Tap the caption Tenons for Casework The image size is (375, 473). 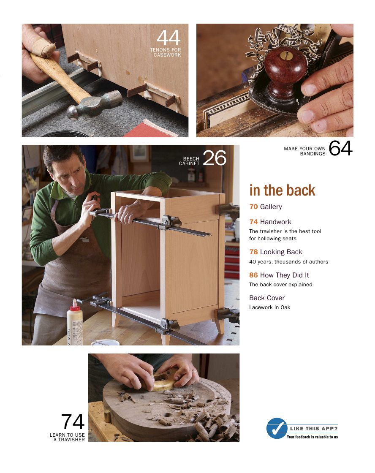(165, 52)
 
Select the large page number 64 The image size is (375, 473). (340, 149)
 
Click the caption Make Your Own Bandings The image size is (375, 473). (304, 151)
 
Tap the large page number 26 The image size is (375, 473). (215, 158)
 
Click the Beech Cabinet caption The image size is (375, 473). (189, 161)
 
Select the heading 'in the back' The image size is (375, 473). (282, 190)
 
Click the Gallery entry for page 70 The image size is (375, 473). (266, 207)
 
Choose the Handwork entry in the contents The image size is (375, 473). (270, 222)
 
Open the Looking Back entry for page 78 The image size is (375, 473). (276, 252)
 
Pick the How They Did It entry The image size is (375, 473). (279, 275)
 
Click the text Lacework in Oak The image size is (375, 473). (269, 307)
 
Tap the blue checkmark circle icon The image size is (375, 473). (276, 428)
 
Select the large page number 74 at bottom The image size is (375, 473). (73, 422)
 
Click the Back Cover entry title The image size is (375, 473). (267, 298)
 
